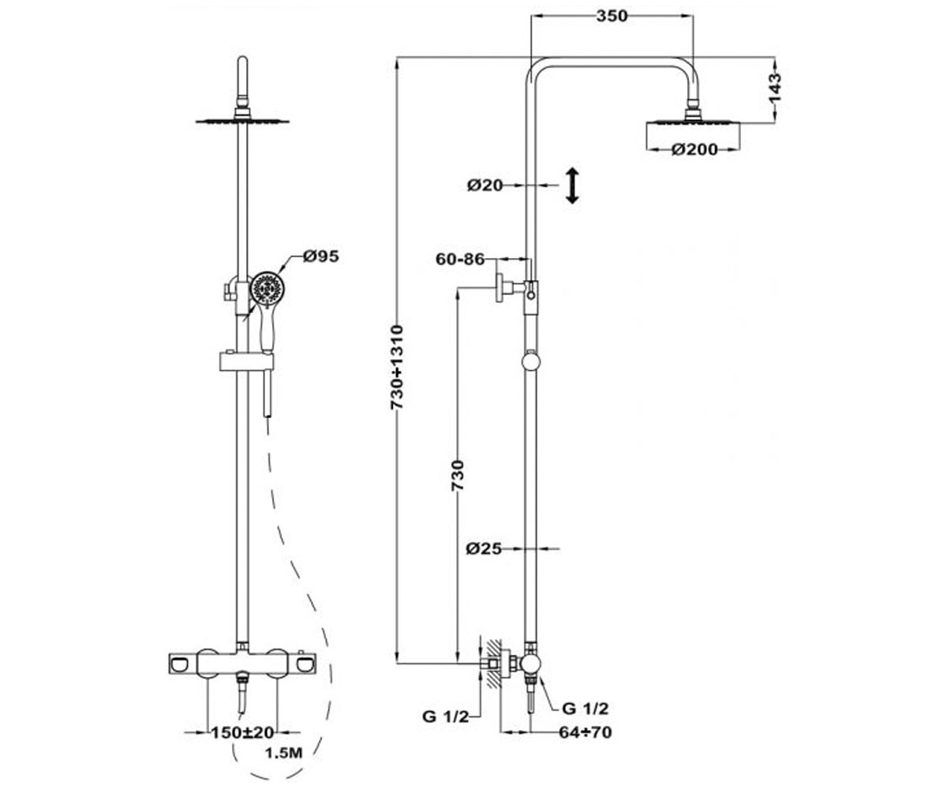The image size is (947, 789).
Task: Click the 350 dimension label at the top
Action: point(612,17)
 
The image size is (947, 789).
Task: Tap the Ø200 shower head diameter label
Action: point(694,149)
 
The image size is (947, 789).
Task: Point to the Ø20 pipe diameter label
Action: point(485,185)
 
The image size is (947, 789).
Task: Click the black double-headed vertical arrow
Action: point(572,185)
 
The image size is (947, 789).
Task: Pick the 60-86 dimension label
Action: point(460,259)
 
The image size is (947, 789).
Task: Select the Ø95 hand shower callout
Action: point(321,256)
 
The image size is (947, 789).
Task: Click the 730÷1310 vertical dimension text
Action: point(396,368)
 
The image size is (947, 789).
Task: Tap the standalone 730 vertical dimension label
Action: point(458,475)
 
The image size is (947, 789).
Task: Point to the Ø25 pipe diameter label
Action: point(484,548)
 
